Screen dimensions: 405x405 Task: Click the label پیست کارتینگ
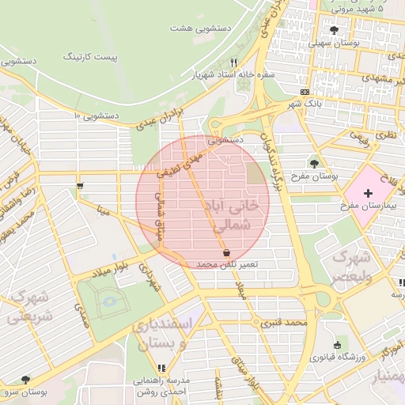93,57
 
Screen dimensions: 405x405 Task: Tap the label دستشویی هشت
192,28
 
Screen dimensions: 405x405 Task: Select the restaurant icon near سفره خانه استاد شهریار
233,62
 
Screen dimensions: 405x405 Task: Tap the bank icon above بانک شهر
305,92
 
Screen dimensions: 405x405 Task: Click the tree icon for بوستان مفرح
316,163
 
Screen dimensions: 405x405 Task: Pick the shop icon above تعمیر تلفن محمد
227,252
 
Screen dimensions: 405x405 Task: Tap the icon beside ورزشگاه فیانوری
338,345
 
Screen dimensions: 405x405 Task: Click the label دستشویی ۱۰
97,115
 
